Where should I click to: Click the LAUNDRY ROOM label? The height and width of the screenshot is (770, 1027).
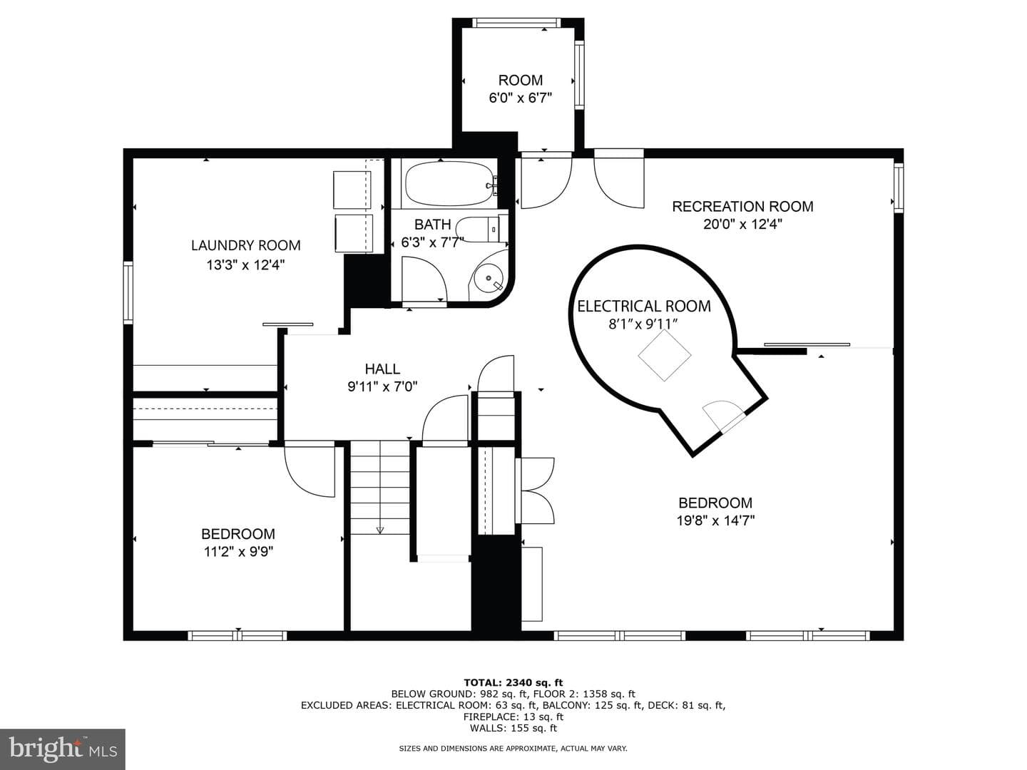(245, 245)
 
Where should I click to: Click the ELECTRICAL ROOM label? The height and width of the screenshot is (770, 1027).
(644, 307)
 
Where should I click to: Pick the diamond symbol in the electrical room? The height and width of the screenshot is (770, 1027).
(665, 355)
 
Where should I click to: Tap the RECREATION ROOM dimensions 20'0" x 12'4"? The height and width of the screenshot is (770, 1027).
(742, 225)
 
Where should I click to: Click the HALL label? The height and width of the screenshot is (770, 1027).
(382, 369)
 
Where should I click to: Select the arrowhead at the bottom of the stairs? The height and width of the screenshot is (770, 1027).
(380, 530)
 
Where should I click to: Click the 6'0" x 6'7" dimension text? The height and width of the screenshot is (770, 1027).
(521, 98)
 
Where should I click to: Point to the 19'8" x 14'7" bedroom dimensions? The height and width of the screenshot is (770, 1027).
(715, 520)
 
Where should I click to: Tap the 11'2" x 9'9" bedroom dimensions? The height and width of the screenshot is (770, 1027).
(238, 552)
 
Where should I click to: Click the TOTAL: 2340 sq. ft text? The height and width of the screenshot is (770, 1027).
(513, 682)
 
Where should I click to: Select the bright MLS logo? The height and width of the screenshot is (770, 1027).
(63, 749)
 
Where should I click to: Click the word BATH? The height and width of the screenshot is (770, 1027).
(432, 225)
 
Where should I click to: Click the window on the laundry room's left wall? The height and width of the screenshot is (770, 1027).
(128, 292)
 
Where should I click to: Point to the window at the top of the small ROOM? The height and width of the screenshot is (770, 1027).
(516, 22)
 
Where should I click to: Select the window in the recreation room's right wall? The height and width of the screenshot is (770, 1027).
(898, 187)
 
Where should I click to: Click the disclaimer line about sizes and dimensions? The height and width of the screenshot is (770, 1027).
(513, 749)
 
